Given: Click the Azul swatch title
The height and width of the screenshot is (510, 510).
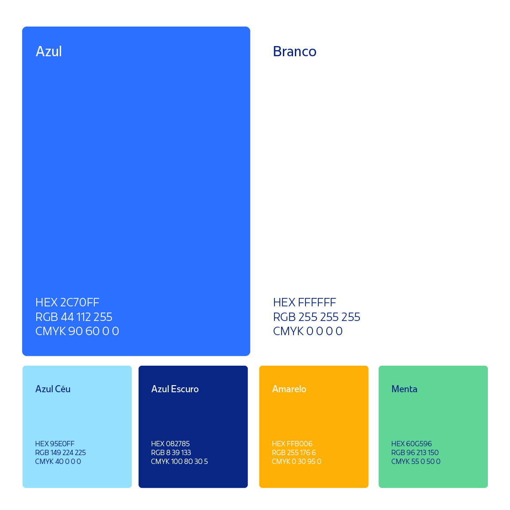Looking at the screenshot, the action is pyautogui.click(x=49, y=51).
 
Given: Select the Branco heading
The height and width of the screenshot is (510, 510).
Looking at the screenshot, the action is pyautogui.click(x=294, y=51).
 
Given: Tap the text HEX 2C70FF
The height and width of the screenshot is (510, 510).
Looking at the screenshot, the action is pyautogui.click(x=67, y=302).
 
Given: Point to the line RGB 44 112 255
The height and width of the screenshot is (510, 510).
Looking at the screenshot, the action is pyautogui.click(x=74, y=317).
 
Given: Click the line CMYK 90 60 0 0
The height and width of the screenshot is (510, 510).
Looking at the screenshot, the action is pyautogui.click(x=77, y=331).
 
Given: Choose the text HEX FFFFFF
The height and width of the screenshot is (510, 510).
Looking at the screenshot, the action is pyautogui.click(x=305, y=302).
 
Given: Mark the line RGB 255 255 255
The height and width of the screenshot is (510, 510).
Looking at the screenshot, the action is pyautogui.click(x=317, y=317).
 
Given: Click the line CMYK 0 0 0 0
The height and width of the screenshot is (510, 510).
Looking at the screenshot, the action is pyautogui.click(x=308, y=331).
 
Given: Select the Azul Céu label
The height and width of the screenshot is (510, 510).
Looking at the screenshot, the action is pyautogui.click(x=53, y=389).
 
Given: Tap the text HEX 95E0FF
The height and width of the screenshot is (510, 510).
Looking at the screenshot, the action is pyautogui.click(x=54, y=444).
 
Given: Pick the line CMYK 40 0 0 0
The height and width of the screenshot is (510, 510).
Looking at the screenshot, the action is pyautogui.click(x=58, y=461).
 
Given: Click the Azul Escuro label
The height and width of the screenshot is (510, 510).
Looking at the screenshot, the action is pyautogui.click(x=175, y=389).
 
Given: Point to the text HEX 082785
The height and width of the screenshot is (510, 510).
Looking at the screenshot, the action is pyautogui.click(x=170, y=444).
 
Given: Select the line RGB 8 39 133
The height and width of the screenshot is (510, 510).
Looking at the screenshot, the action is pyautogui.click(x=171, y=452).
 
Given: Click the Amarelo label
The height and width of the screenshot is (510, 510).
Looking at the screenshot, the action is pyautogui.click(x=289, y=389).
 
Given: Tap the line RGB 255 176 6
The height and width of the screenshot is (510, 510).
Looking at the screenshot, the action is pyautogui.click(x=294, y=452).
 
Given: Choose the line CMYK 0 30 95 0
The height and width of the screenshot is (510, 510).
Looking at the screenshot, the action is pyautogui.click(x=297, y=461).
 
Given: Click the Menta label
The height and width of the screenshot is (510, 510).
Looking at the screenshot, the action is pyautogui.click(x=404, y=389).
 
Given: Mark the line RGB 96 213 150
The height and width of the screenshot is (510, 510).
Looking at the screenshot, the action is pyautogui.click(x=415, y=452).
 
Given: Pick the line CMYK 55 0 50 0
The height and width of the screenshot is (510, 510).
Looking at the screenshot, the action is pyautogui.click(x=416, y=461).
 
